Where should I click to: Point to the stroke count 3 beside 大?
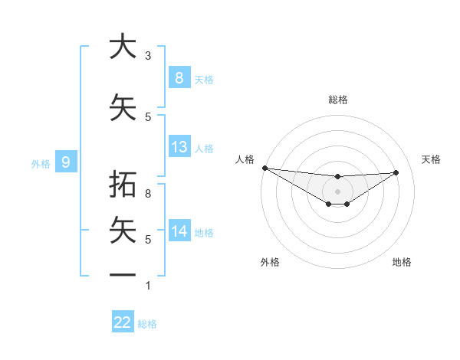click(x=148, y=56)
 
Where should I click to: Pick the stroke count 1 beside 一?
click(x=148, y=286)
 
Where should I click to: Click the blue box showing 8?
click(x=179, y=77)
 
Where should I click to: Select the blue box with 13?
click(x=179, y=147)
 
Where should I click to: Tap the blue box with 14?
click(x=179, y=231)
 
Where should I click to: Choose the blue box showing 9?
click(x=66, y=162)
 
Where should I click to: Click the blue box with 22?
click(x=123, y=322)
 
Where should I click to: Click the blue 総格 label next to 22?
click(x=147, y=324)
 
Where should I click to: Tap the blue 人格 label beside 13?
click(x=204, y=149)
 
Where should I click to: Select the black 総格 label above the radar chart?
click(x=337, y=100)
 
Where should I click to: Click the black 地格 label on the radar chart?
click(x=402, y=262)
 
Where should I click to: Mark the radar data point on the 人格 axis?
click(x=264, y=168)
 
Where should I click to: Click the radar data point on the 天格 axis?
click(x=396, y=172)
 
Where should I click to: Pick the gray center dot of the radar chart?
click(x=337, y=191)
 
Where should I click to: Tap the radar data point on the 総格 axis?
click(x=337, y=177)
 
